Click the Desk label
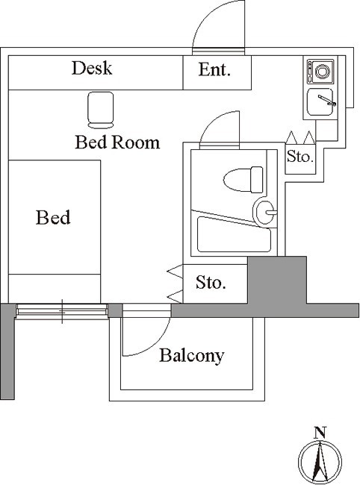[92, 68]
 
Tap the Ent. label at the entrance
[214, 69]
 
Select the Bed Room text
[117, 143]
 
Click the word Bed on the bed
[53, 217]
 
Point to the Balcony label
[192, 356]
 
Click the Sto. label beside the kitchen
[300, 157]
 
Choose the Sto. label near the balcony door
[211, 282]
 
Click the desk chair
[101, 110]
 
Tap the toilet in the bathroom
[243, 179]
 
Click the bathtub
[234, 234]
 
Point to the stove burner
[322, 72]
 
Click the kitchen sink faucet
[327, 101]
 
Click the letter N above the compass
[320, 433]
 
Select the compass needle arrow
[320, 461]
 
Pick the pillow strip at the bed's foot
[55, 288]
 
